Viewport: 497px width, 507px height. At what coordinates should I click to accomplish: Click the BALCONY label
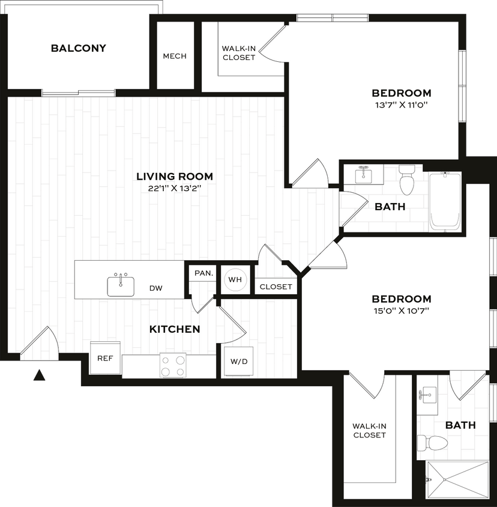[x=78, y=48]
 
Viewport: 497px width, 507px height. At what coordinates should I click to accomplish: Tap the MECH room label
[x=175, y=56]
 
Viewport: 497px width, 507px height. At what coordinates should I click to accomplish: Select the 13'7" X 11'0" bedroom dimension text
[x=401, y=105]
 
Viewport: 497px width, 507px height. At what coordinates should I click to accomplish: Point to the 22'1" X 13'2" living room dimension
[x=174, y=188]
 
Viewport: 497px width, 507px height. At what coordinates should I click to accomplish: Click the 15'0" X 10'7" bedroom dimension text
[x=401, y=311]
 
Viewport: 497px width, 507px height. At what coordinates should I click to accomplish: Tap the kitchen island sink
[x=121, y=285]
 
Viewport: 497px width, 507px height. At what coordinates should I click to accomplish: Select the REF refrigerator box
[x=105, y=358]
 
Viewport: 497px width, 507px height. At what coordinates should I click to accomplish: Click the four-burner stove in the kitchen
[x=173, y=365]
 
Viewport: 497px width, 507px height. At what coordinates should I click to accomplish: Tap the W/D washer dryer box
[x=238, y=362]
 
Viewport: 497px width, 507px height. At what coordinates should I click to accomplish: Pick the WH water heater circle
[x=234, y=280]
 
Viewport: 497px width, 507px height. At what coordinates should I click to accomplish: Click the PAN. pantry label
[x=203, y=273]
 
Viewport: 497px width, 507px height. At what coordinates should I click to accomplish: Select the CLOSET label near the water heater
[x=276, y=287]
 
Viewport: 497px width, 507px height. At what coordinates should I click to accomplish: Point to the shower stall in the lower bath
[x=457, y=480]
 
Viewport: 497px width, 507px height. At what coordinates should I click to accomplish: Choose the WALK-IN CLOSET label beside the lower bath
[x=369, y=430]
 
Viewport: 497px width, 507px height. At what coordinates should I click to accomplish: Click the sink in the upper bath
[x=364, y=175]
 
